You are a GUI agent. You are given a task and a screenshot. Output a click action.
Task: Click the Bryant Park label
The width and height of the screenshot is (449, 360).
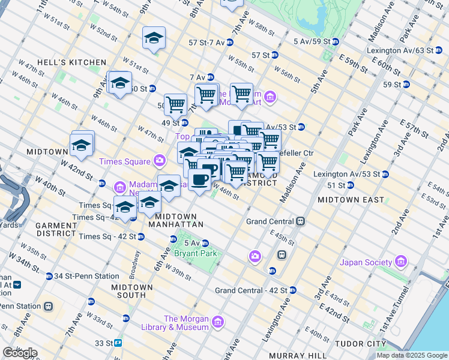[195, 253]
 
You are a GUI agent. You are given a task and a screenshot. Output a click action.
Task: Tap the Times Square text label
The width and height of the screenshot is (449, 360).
[124, 160]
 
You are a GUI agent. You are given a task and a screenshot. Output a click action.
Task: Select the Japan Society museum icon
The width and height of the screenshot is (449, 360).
[400, 262]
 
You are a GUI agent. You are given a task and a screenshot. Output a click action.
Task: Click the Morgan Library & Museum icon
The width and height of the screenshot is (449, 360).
[218, 323]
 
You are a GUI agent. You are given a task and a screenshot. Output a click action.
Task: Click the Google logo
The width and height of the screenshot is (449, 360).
[19, 352]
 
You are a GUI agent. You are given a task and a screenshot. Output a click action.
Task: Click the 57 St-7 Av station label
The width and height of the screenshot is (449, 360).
[206, 43]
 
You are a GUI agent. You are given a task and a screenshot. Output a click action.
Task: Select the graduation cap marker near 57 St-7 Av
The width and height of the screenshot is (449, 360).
[154, 39]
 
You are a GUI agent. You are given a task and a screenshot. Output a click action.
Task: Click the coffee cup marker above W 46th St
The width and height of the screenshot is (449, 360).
[200, 178]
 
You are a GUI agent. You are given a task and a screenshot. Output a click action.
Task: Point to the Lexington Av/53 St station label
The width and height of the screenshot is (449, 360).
[346, 174]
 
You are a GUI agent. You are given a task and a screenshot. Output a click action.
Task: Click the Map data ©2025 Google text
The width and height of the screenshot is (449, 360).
[412, 355]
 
